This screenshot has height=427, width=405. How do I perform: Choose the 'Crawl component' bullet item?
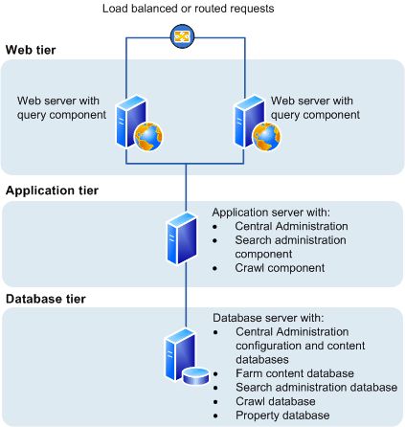tap(279, 268)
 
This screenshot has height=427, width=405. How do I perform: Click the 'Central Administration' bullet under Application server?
tap(292, 227)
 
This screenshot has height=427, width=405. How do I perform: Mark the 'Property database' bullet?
tap(284, 415)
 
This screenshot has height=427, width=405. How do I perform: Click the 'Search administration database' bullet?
tap(315, 387)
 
